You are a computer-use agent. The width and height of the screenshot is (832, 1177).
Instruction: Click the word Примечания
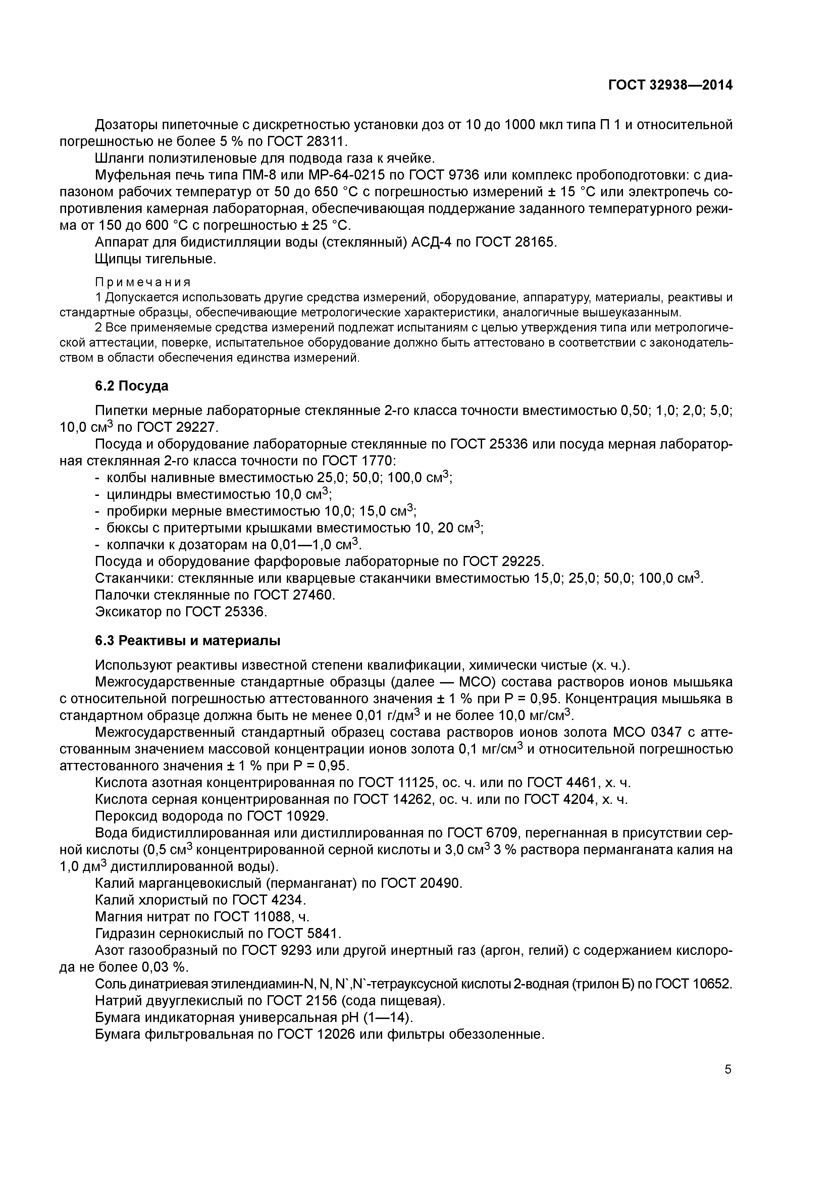pos(143,283)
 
